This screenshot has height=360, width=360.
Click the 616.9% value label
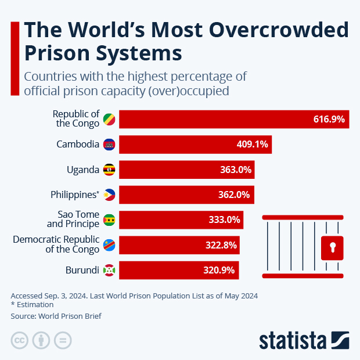(x=329, y=119)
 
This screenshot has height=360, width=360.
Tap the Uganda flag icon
(x=109, y=170)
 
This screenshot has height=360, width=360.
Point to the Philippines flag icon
(x=109, y=195)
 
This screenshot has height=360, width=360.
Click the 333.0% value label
(x=224, y=220)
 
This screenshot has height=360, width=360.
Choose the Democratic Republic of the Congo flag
(x=109, y=245)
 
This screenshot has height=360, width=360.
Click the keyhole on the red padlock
(x=333, y=247)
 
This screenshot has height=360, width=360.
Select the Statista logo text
(x=293, y=340)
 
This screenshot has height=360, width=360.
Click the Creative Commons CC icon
(x=20, y=340)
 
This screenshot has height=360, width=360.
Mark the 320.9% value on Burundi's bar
(x=221, y=271)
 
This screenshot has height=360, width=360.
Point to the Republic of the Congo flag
(x=109, y=119)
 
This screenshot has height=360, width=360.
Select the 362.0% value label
(x=235, y=195)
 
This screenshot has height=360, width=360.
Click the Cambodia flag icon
(x=109, y=144)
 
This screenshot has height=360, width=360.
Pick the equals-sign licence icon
(x=63, y=340)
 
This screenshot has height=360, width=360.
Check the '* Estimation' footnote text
(x=32, y=304)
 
